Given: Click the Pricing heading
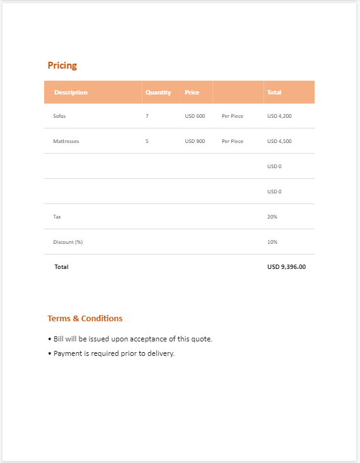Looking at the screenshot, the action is pyautogui.click(x=62, y=66).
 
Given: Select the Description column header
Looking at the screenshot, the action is pyautogui.click(x=71, y=93).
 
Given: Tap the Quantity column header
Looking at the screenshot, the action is pyautogui.click(x=158, y=93).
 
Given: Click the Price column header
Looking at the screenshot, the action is pyautogui.click(x=192, y=93).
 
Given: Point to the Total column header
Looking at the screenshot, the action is pyautogui.click(x=274, y=93).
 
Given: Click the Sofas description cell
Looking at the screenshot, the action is pyautogui.click(x=59, y=116).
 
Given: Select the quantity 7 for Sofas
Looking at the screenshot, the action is pyautogui.click(x=147, y=116).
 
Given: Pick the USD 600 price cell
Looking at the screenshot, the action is pyautogui.click(x=195, y=116).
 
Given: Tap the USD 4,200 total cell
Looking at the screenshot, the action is pyautogui.click(x=279, y=116).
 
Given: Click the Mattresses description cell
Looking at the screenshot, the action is pyautogui.click(x=66, y=141).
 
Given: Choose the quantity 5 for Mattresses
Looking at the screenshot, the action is pyautogui.click(x=147, y=141).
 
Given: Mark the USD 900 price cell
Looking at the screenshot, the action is pyautogui.click(x=195, y=141).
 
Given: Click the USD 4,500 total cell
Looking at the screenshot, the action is pyautogui.click(x=279, y=141).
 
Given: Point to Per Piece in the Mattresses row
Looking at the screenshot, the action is pyautogui.click(x=232, y=141).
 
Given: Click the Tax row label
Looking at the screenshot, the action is pyautogui.click(x=57, y=217).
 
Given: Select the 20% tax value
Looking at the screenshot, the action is pyautogui.click(x=272, y=217).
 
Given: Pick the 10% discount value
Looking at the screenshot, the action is pyautogui.click(x=272, y=242).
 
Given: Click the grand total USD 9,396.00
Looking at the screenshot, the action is pyautogui.click(x=286, y=267).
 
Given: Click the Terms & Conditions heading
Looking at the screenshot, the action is pyautogui.click(x=85, y=319).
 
